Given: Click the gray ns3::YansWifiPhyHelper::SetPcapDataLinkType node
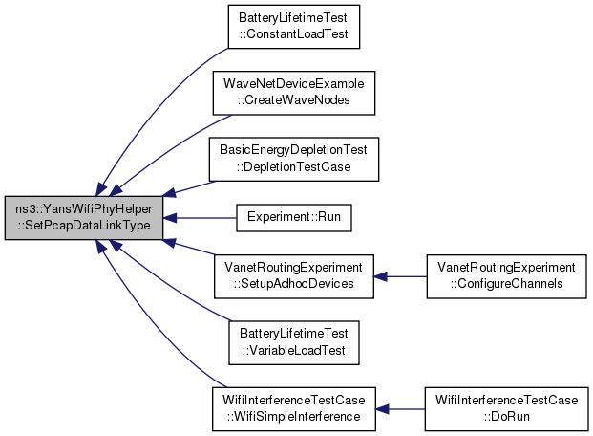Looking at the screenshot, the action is pos(84,218).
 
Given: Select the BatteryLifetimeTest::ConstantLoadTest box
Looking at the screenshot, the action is pos(294,27).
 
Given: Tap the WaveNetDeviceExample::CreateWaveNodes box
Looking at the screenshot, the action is pos(294,93).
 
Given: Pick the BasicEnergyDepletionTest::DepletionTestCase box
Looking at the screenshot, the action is pos(294,159).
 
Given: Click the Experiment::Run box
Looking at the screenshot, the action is pos(294,218).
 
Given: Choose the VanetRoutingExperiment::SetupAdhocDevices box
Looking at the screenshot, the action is pos(294,276).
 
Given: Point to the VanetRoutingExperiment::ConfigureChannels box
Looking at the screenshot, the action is pos(506,276).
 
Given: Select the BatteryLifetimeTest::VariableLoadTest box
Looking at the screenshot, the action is pos(294,343).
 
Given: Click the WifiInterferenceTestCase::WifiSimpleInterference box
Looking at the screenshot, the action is pos(294,409).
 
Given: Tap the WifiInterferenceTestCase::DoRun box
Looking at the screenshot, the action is pos(506,409).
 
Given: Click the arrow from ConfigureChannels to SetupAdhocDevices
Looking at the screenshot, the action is pos(400,276).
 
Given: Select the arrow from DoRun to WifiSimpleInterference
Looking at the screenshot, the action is pos(400,409).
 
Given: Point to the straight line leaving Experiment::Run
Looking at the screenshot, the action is pos(200,218).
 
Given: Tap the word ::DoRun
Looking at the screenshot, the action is pos(506,417).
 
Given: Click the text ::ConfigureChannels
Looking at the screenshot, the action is pos(506,284).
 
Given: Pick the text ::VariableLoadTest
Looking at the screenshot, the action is pos(293,350).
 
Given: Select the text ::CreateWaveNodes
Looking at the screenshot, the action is pos(293,100).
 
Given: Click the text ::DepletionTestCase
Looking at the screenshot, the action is pos(293,167).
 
